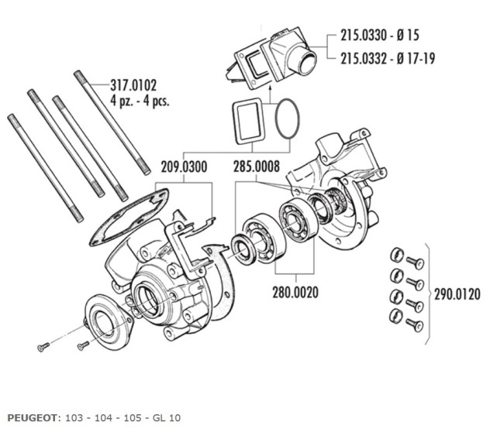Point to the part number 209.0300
pos(184,165)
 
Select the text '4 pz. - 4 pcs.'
pos(140,101)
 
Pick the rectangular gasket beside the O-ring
pos(246,121)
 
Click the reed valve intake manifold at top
pos(275,60)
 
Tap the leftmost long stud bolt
pos(44,166)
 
